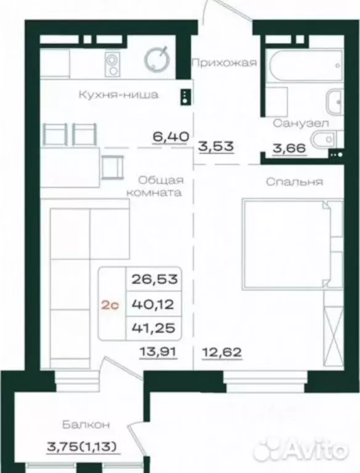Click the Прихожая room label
(223, 62)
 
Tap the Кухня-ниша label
(118, 95)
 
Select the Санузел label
(301, 123)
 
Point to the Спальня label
(295, 182)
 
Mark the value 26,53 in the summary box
(154, 278)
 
